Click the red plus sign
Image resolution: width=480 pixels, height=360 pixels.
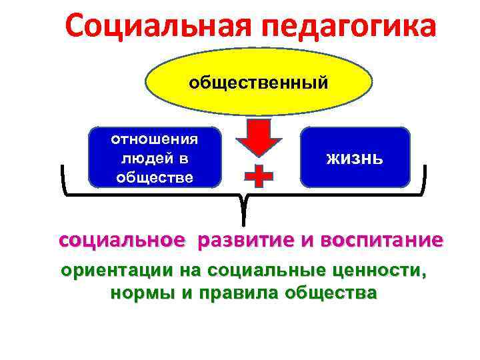[259, 176]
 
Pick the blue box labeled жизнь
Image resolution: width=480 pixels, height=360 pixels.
[355, 157]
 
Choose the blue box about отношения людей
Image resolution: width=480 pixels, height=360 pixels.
[154, 157]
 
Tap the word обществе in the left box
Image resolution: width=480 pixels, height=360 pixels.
[155, 177]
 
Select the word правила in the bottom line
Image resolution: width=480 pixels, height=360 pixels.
[231, 293]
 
